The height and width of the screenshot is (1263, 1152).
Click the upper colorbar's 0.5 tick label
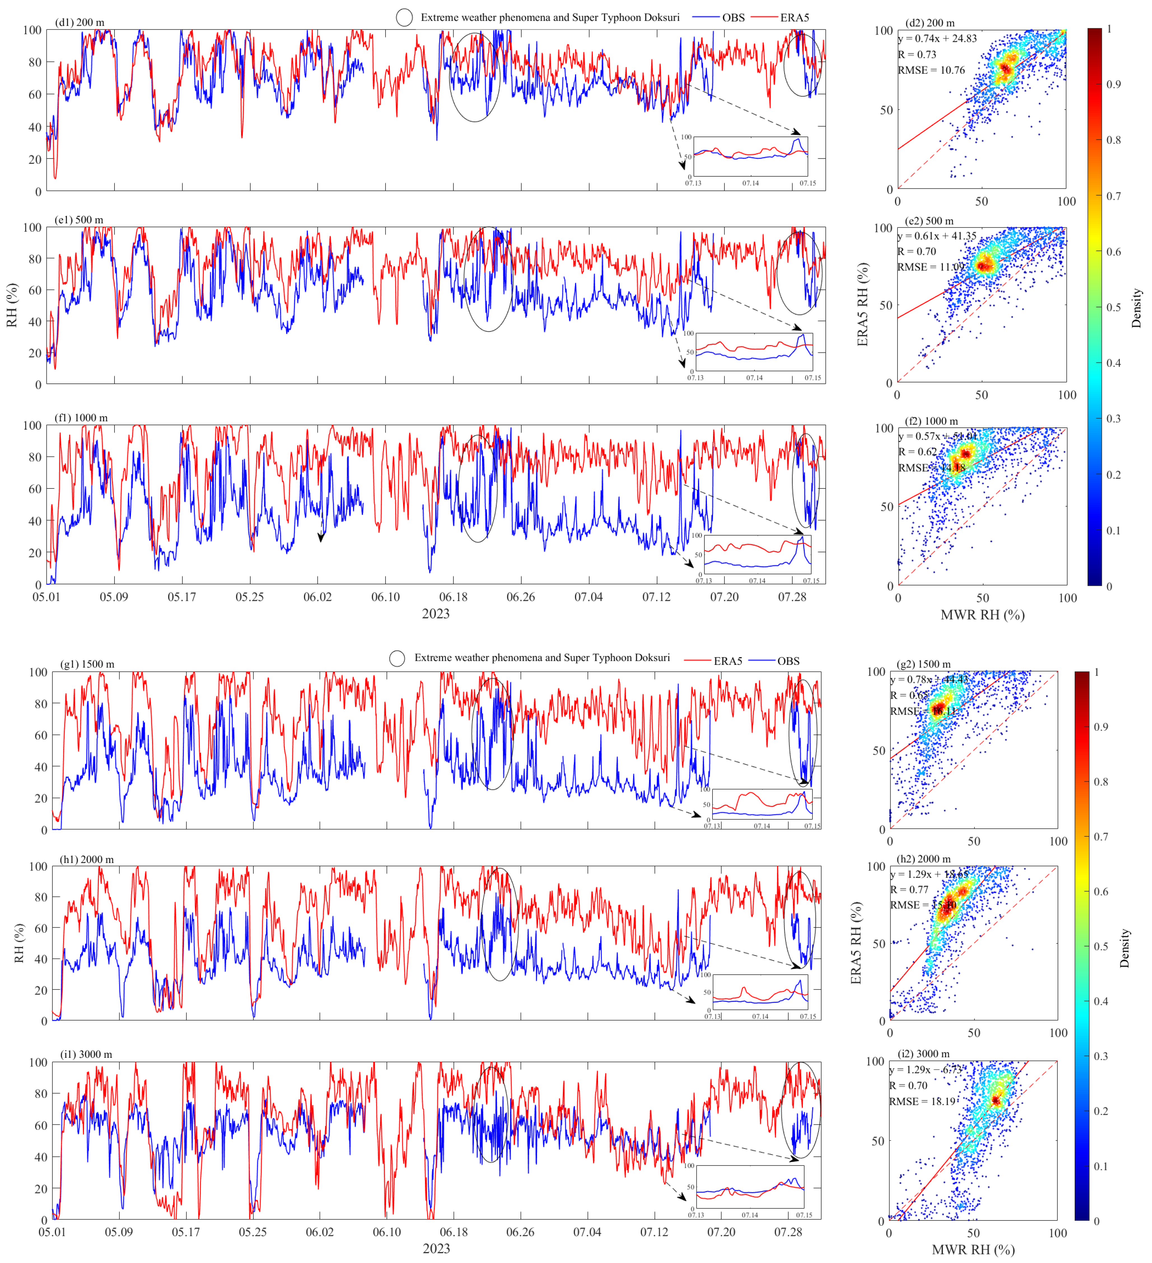click(1113, 307)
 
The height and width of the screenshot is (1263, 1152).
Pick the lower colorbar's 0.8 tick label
click(1101, 782)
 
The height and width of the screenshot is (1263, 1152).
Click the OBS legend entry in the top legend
click(733, 18)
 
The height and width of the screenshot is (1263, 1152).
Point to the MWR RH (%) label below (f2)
click(982, 615)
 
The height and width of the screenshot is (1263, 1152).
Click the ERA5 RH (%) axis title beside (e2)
click(863, 305)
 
